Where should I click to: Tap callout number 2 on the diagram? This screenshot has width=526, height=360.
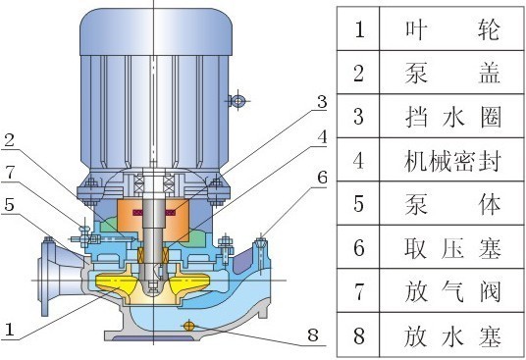pyautogui.click(x=9, y=141)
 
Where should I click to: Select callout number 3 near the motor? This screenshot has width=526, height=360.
pyautogui.click(x=321, y=102)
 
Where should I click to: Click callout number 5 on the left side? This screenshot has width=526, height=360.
pyautogui.click(x=9, y=205)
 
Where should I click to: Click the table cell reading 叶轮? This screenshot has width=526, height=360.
pyautogui.click(x=452, y=29)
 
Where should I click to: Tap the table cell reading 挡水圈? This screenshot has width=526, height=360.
pyautogui.click(x=452, y=117)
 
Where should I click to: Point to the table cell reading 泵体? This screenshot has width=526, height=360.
pyautogui.click(x=452, y=205)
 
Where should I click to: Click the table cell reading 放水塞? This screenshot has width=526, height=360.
pyautogui.click(x=452, y=337)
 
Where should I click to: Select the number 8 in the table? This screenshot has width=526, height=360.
pyautogui.click(x=359, y=337)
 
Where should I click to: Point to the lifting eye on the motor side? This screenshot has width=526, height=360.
pyautogui.click(x=236, y=100)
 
